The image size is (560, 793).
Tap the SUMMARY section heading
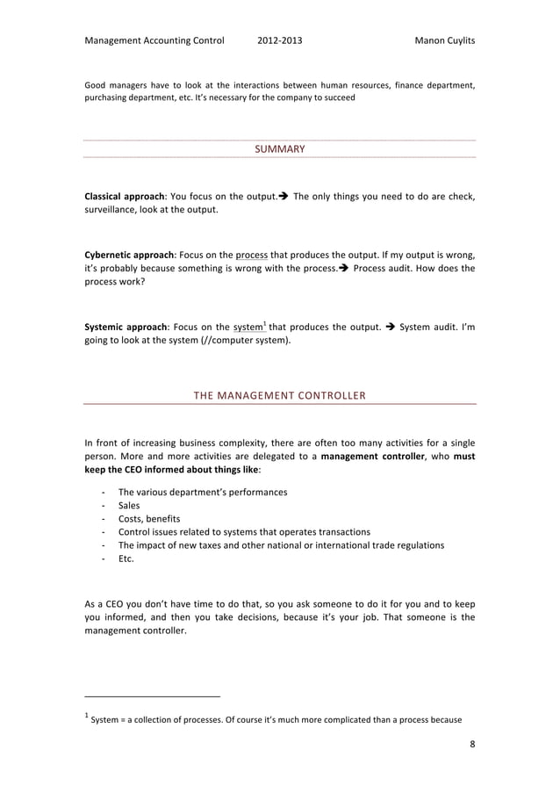tap(279, 149)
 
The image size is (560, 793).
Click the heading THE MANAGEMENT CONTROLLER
tap(279, 396)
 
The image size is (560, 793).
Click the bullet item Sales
tap(129, 505)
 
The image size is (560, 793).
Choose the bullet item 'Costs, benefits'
tap(149, 518)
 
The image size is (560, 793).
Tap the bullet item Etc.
tap(126, 558)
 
